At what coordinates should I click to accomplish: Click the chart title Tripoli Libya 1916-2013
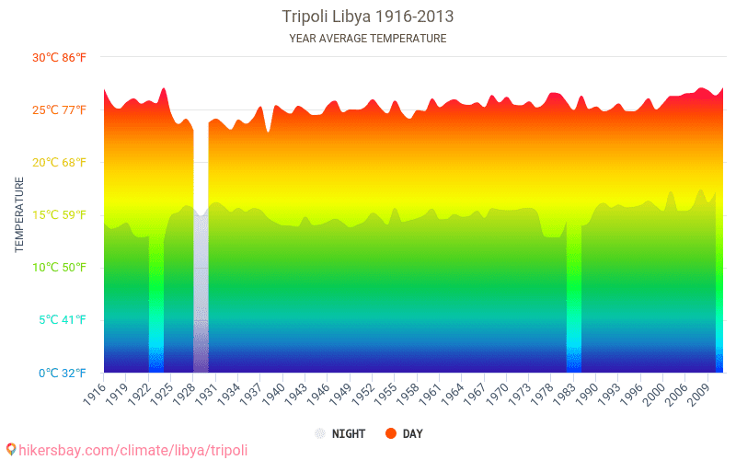pyautogui.click(x=367, y=17)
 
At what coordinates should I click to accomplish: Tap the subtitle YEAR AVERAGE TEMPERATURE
pyautogui.click(x=367, y=39)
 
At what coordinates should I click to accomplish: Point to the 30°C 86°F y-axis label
pyautogui.click(x=59, y=58)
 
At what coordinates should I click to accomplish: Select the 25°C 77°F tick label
pyautogui.click(x=59, y=110)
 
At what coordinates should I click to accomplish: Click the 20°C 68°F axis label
pyautogui.click(x=59, y=163)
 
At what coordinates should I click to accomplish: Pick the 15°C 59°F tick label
pyautogui.click(x=59, y=215)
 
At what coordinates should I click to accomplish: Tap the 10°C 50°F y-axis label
pyautogui.click(x=59, y=268)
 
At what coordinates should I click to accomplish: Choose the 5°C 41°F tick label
pyautogui.click(x=63, y=320)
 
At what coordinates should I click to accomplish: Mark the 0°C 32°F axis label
pyautogui.click(x=63, y=374)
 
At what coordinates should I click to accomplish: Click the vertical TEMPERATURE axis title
pyautogui.click(x=19, y=214)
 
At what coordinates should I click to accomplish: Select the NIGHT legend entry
pyautogui.click(x=340, y=433)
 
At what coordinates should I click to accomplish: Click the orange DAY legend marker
pyautogui.click(x=390, y=433)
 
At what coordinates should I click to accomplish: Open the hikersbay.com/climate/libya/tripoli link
pyautogui.click(x=132, y=451)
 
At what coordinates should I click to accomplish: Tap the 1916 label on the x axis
pyautogui.click(x=95, y=394)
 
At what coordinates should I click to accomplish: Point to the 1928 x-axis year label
pyautogui.click(x=185, y=394)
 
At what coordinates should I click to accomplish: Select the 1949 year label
pyautogui.click(x=341, y=394)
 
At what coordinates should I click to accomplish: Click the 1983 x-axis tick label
pyautogui.click(x=565, y=394)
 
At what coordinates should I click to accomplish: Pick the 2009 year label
pyautogui.click(x=699, y=394)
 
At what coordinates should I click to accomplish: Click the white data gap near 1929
pyautogui.click(x=201, y=169)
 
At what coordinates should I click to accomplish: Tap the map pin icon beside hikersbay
pyautogui.click(x=11, y=450)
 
